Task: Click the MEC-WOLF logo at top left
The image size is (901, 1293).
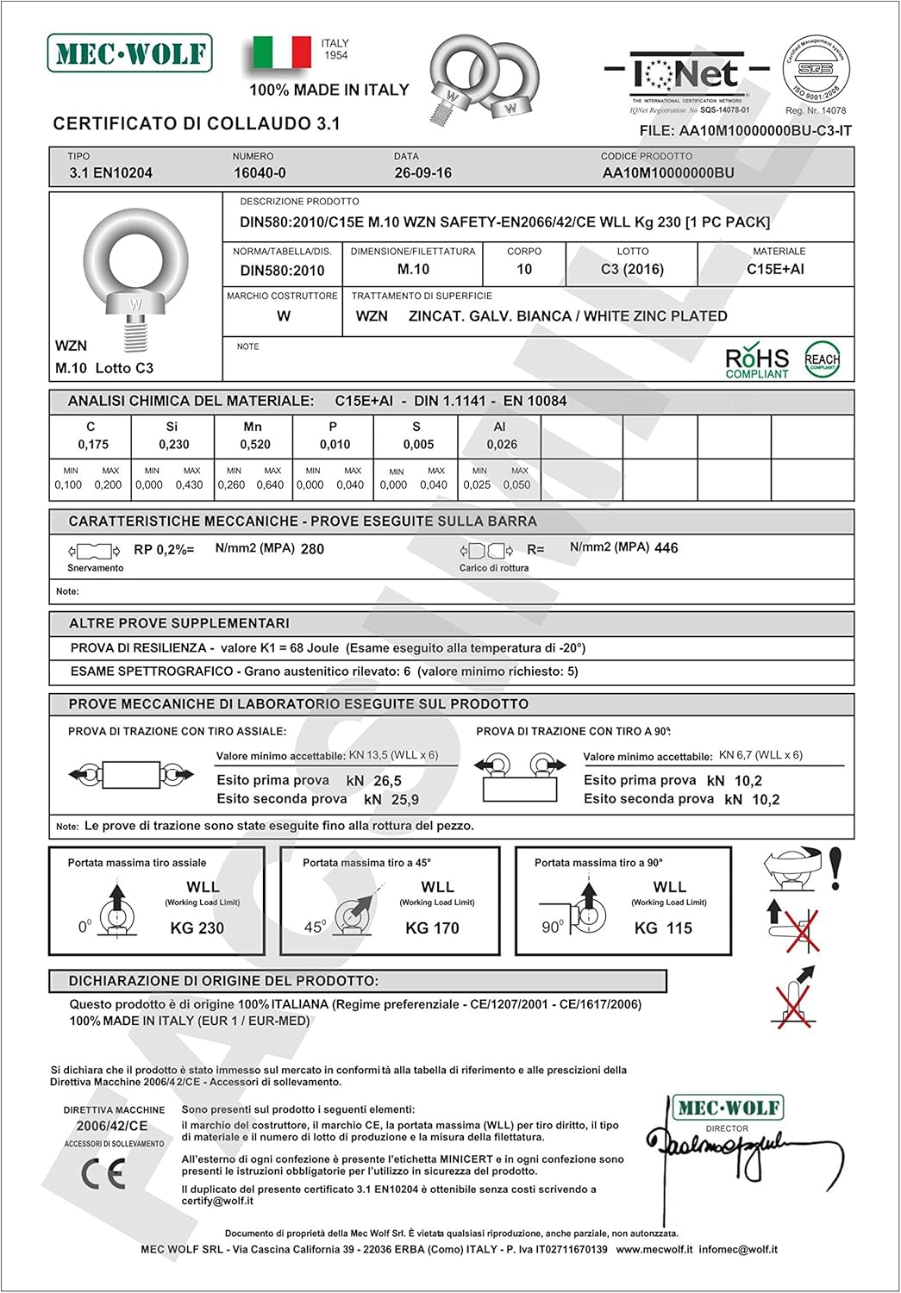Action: [129, 53]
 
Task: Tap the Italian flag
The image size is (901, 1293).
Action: [282, 52]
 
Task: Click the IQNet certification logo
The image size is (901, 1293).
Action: [687, 75]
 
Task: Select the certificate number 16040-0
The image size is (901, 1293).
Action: [260, 172]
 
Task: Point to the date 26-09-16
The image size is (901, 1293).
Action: [422, 172]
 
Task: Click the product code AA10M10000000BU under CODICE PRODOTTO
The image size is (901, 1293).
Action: [668, 172]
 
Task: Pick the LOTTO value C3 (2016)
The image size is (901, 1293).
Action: [632, 269]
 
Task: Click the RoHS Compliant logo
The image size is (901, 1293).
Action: [757, 362]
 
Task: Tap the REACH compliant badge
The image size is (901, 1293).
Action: [822, 360]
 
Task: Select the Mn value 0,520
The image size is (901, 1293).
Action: [255, 445]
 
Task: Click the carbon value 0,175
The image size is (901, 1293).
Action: [93, 445]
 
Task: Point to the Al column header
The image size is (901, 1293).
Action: [499, 427]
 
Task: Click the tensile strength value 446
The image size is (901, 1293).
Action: [666, 548]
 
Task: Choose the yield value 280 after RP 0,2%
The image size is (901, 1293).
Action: [312, 549]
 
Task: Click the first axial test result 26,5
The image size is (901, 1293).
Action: [387, 781]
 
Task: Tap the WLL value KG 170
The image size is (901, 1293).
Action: [432, 928]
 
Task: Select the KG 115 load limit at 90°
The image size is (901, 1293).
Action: [663, 928]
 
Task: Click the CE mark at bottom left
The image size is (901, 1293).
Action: [103, 1173]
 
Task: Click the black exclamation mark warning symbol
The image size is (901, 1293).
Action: [835, 869]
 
